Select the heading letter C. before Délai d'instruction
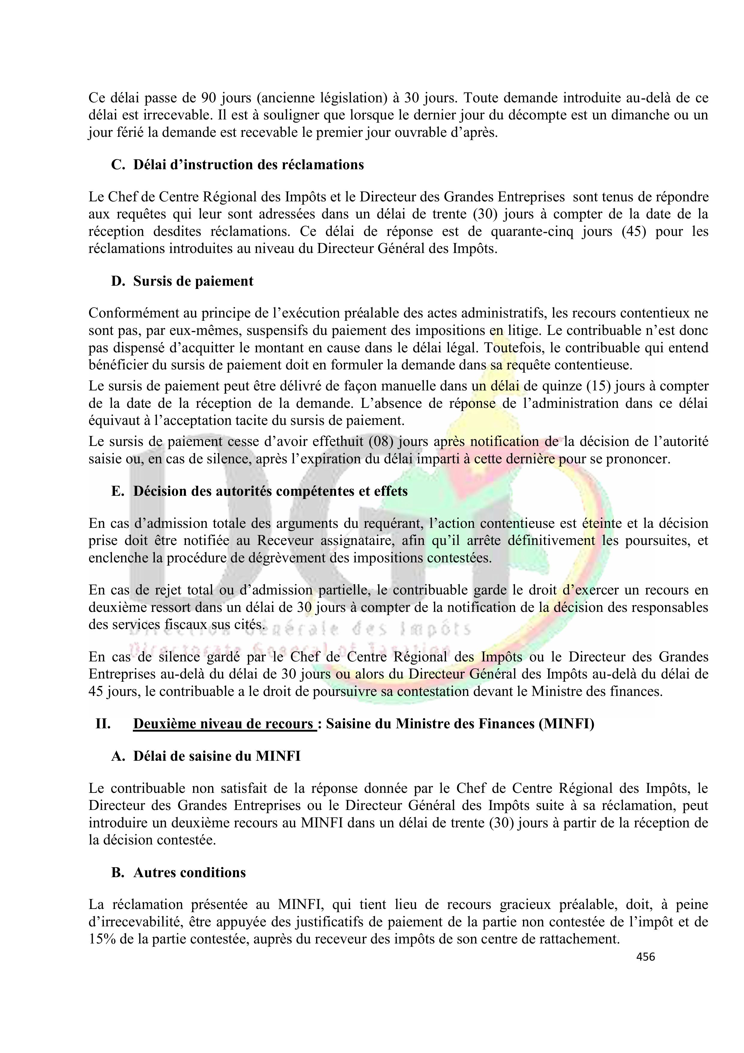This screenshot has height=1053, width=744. (118, 165)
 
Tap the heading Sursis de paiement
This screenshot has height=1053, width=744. (193, 281)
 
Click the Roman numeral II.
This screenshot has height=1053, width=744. (103, 724)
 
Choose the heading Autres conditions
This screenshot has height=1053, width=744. (189, 872)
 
